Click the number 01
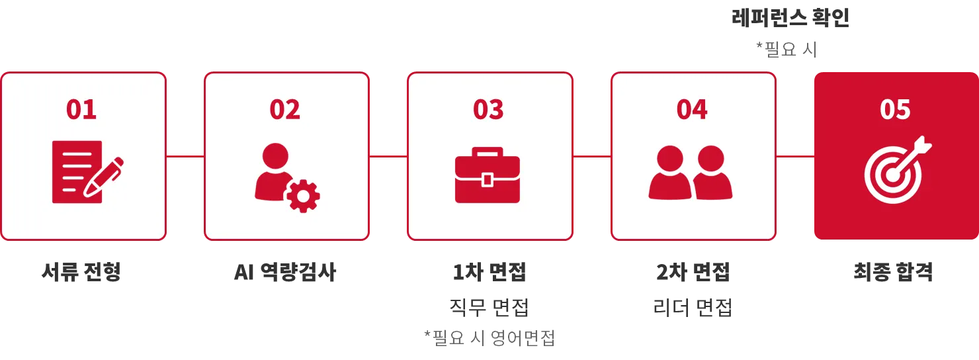pyautogui.click(x=81, y=110)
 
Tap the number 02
pyautogui.click(x=284, y=110)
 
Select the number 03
pyautogui.click(x=488, y=110)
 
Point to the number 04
pyautogui.click(x=692, y=110)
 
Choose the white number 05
pyautogui.click(x=895, y=110)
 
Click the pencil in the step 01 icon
pyautogui.click(x=105, y=175)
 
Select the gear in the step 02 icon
pyautogui.click(x=304, y=195)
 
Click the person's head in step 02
pyautogui.click(x=275, y=157)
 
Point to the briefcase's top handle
pyautogui.click(x=488, y=152)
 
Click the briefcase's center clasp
pyautogui.click(x=488, y=179)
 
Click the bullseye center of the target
pyautogui.click(x=892, y=175)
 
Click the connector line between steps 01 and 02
pyautogui.click(x=185, y=156)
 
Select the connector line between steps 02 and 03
pyautogui.click(x=388, y=156)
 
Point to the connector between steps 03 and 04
pyautogui.click(x=591, y=156)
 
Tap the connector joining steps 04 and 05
pyautogui.click(x=794, y=156)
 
